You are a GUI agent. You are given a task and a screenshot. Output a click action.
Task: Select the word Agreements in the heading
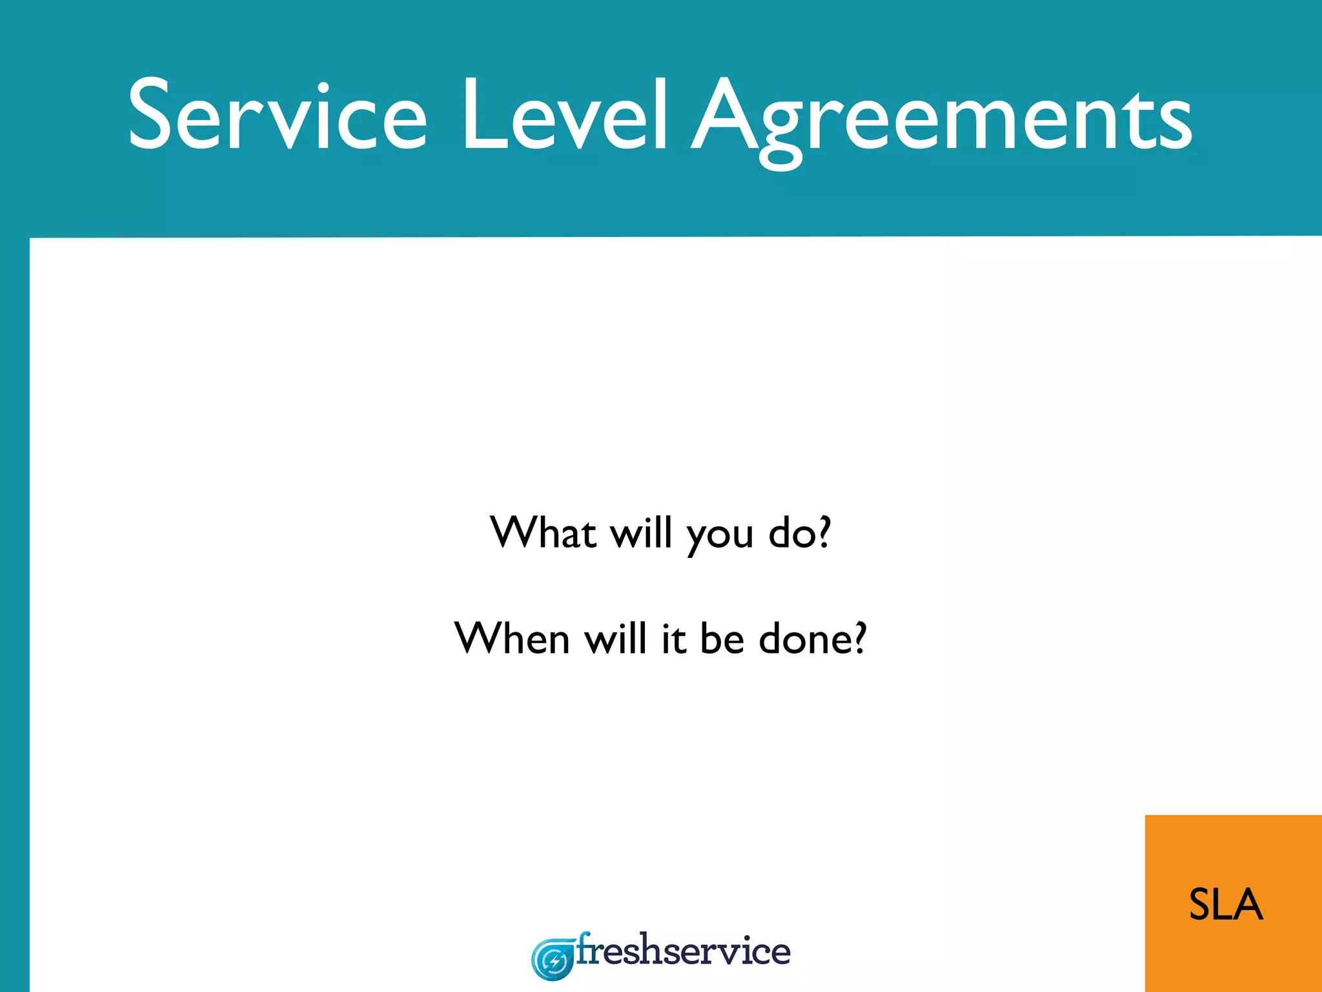[942, 119]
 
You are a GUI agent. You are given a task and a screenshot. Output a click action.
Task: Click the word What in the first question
[543, 533]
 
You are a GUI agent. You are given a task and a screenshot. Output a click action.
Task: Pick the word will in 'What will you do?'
[642, 533]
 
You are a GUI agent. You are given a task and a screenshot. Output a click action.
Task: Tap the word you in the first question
[720, 536]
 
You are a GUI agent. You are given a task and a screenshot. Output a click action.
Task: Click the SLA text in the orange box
[1226, 904]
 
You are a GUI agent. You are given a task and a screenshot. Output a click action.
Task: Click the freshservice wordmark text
[683, 951]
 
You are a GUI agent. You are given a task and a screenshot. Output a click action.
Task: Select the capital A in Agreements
[724, 115]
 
